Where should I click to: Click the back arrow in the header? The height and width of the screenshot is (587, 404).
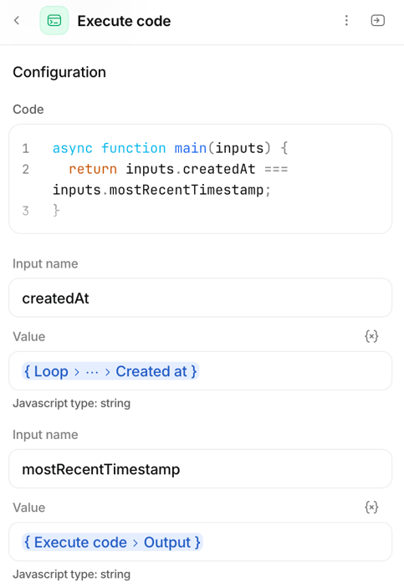point(17,20)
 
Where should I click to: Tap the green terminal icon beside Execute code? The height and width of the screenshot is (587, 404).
point(54,21)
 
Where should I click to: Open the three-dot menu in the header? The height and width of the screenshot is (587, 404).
point(346,20)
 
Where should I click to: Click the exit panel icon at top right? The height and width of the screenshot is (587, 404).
point(377,20)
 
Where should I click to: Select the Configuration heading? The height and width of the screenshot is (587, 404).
point(59,72)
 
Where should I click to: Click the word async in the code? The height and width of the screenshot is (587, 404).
point(72,148)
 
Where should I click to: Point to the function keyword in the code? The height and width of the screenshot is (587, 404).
point(133,148)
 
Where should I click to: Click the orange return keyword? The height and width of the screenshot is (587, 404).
point(93,169)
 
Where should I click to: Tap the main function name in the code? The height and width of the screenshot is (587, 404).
point(191,148)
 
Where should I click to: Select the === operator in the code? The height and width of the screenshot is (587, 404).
point(276,169)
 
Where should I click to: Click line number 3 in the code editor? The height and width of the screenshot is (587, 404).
point(25,211)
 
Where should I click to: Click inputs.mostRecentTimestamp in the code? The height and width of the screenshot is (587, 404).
point(158,190)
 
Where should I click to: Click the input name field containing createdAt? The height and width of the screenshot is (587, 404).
point(200,298)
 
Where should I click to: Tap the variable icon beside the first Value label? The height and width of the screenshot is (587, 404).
point(371,336)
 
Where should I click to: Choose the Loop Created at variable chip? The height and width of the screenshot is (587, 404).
point(110,371)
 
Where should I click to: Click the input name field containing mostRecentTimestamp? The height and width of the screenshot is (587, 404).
point(200,469)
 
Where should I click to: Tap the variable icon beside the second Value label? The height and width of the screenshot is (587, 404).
point(371,508)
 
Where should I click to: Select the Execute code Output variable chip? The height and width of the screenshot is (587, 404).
point(112,542)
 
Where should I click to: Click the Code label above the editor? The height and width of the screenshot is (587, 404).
point(28,110)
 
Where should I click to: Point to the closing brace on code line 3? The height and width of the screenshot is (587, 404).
point(56,211)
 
